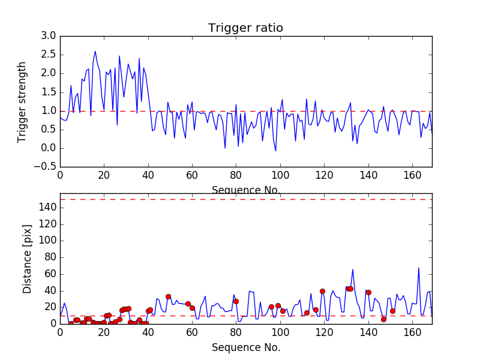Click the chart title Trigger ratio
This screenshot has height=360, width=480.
click(x=245, y=28)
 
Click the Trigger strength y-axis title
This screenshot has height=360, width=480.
click(x=22, y=101)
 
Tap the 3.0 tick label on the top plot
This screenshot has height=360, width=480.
click(x=48, y=36)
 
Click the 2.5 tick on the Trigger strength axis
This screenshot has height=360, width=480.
click(x=48, y=55)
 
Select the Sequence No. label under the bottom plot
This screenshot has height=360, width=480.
click(x=246, y=347)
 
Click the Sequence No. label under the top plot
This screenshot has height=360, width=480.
click(x=246, y=190)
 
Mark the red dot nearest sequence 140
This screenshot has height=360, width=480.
click(x=368, y=292)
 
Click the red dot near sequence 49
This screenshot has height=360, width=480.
click(x=168, y=296)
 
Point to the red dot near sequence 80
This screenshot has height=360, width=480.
click(x=236, y=301)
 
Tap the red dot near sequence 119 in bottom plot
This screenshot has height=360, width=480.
click(x=322, y=291)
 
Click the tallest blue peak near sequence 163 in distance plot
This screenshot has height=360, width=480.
click(x=419, y=268)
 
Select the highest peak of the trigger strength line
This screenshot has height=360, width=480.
click(x=95, y=51)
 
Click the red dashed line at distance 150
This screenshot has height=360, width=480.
click(x=246, y=199)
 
